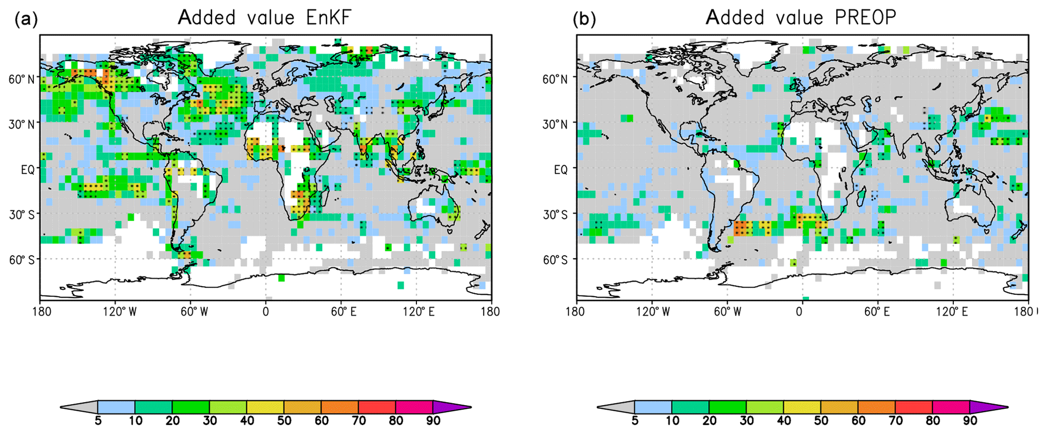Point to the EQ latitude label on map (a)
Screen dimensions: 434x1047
pos(28,170)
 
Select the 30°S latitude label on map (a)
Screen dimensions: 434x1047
pos(22,215)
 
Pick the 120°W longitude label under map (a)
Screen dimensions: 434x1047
pos(120,311)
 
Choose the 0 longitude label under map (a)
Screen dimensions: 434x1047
pos(265,311)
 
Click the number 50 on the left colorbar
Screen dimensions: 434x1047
pos(284,421)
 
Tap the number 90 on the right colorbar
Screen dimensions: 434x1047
pos(970,421)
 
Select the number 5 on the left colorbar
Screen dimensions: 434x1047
pos(98,421)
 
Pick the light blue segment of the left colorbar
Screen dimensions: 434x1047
pos(116,407)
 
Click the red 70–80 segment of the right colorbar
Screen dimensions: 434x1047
pos(914,407)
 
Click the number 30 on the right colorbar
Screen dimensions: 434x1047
pos(747,421)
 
